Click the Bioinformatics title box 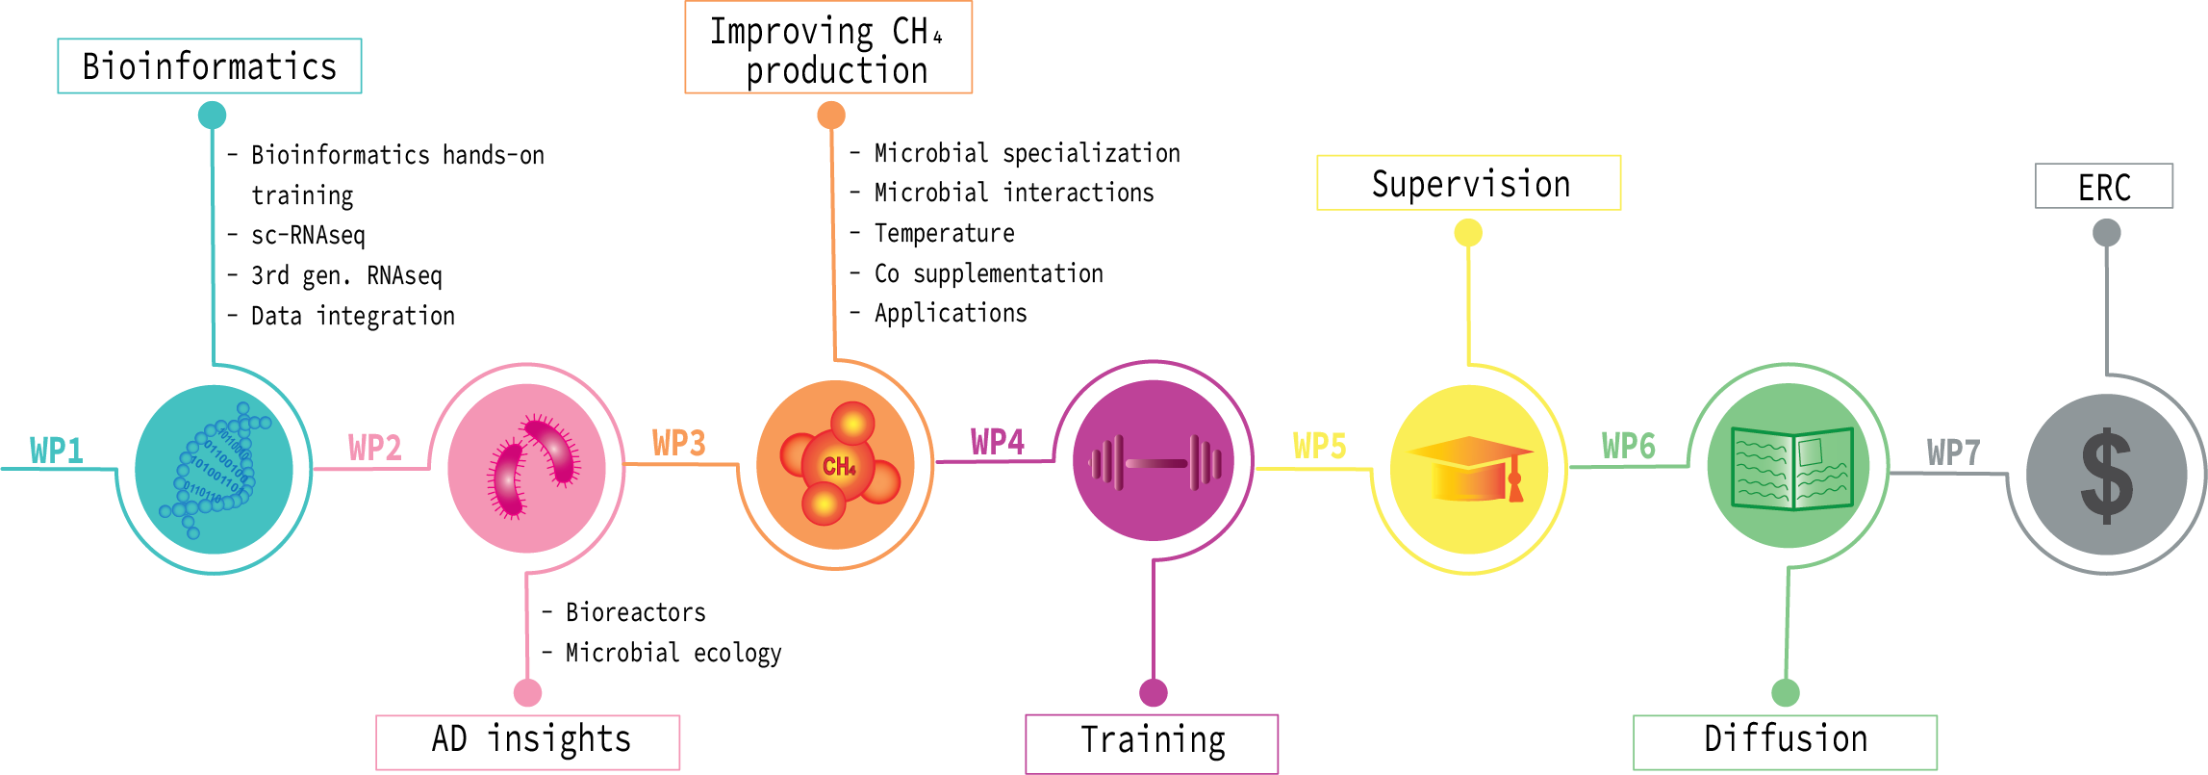click(x=210, y=66)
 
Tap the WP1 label click(x=57, y=450)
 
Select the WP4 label click(x=997, y=442)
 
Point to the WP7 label click(x=1953, y=452)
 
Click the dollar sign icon click(x=2106, y=476)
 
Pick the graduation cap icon click(x=1469, y=469)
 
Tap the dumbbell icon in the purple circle click(x=1155, y=463)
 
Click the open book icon click(x=1790, y=468)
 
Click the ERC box click(x=2104, y=187)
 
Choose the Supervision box click(x=1468, y=183)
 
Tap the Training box click(x=1152, y=742)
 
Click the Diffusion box click(x=1785, y=741)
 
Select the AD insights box click(x=528, y=741)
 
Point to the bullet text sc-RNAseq click(x=308, y=236)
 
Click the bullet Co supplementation click(x=988, y=274)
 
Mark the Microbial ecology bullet click(x=673, y=654)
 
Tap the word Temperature click(x=944, y=234)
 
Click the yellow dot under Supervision click(x=1468, y=232)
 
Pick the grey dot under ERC click(x=2106, y=232)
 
